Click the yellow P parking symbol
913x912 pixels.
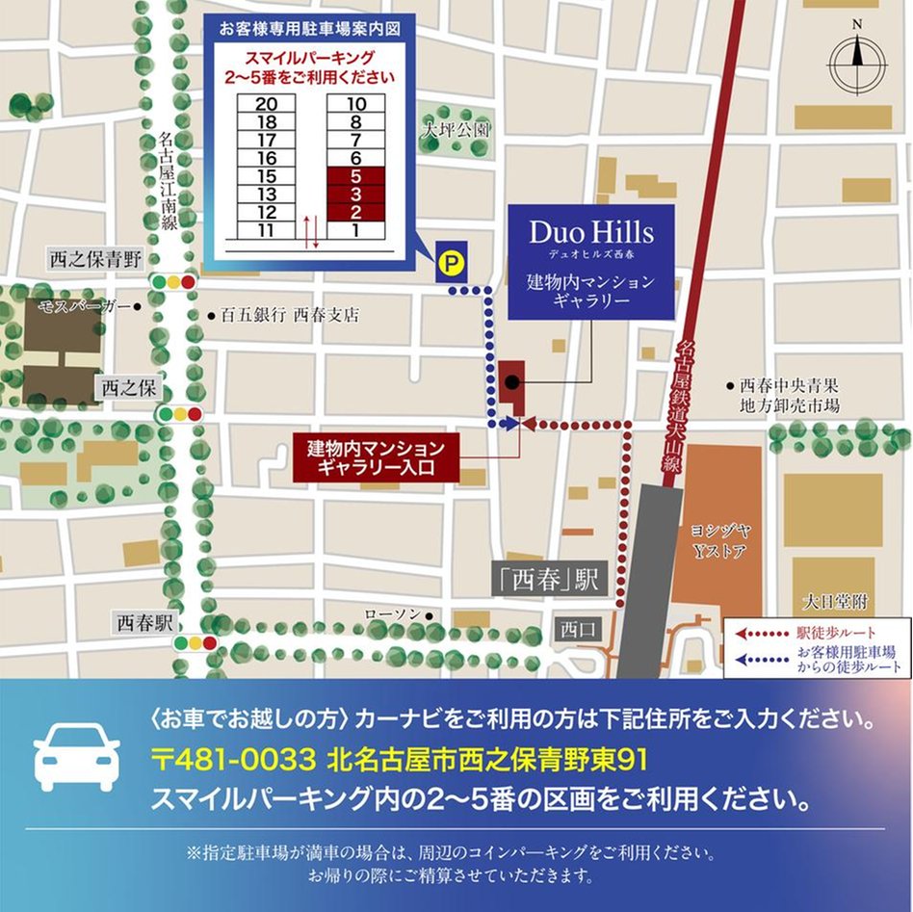pos(449,260)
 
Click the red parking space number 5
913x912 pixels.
pos(356,176)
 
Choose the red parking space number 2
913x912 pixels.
pos(356,213)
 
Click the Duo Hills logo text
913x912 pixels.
pos(591,232)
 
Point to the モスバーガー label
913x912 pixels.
pos(84,306)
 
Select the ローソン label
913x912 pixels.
pos(392,613)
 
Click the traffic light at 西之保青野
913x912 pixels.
pos(173,282)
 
